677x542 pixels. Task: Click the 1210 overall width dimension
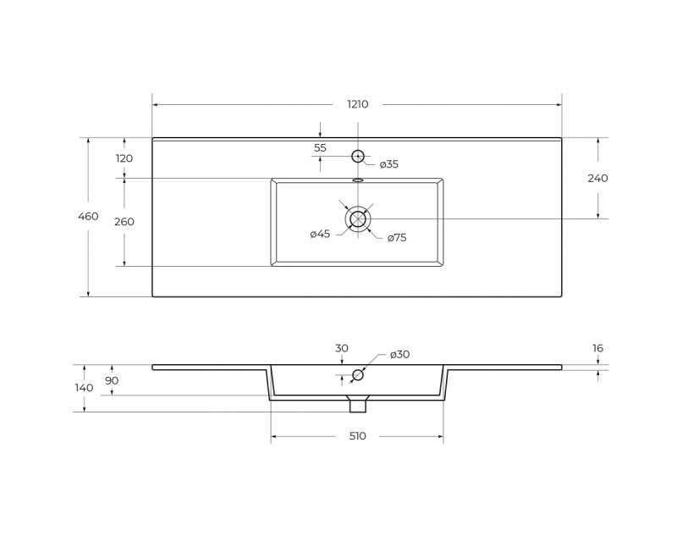(357, 104)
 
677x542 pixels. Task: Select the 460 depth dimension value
(88, 216)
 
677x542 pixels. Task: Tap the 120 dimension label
(124, 158)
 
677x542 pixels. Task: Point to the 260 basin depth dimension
(124, 222)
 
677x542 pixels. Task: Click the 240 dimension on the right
(597, 178)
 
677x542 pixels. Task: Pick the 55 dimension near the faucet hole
(320, 148)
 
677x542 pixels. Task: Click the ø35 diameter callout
(389, 164)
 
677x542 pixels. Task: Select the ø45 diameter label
(320, 235)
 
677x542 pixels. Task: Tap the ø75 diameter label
(397, 238)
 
